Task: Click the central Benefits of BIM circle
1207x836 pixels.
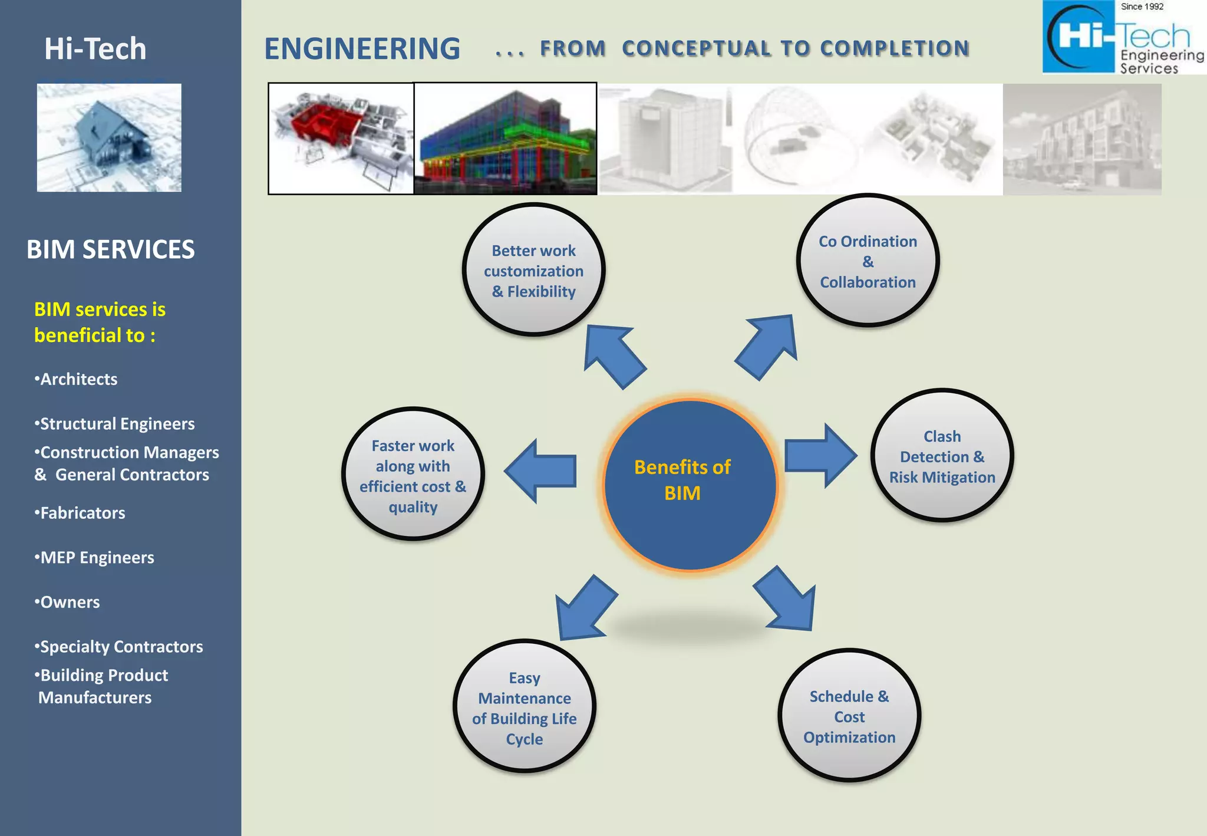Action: pos(690,485)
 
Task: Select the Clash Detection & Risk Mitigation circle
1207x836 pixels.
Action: pos(942,456)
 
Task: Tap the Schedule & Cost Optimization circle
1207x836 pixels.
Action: pos(849,716)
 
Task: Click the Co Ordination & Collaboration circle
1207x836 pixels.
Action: pos(868,261)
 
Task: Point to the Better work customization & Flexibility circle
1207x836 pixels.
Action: pos(534,270)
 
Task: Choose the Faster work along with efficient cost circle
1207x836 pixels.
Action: pos(413,475)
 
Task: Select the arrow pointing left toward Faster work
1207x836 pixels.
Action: pos(542,471)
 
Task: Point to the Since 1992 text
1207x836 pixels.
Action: pos(1142,6)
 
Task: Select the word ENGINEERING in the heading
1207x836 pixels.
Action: pos(362,49)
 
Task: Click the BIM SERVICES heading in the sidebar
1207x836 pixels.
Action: pos(110,249)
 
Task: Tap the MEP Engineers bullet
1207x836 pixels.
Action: pos(95,558)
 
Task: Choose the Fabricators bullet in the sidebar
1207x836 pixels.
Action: pos(80,513)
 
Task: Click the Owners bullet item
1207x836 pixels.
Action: pos(67,602)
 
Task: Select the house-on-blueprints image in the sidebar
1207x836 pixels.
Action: pos(109,138)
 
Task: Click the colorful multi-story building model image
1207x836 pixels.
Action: pos(505,139)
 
